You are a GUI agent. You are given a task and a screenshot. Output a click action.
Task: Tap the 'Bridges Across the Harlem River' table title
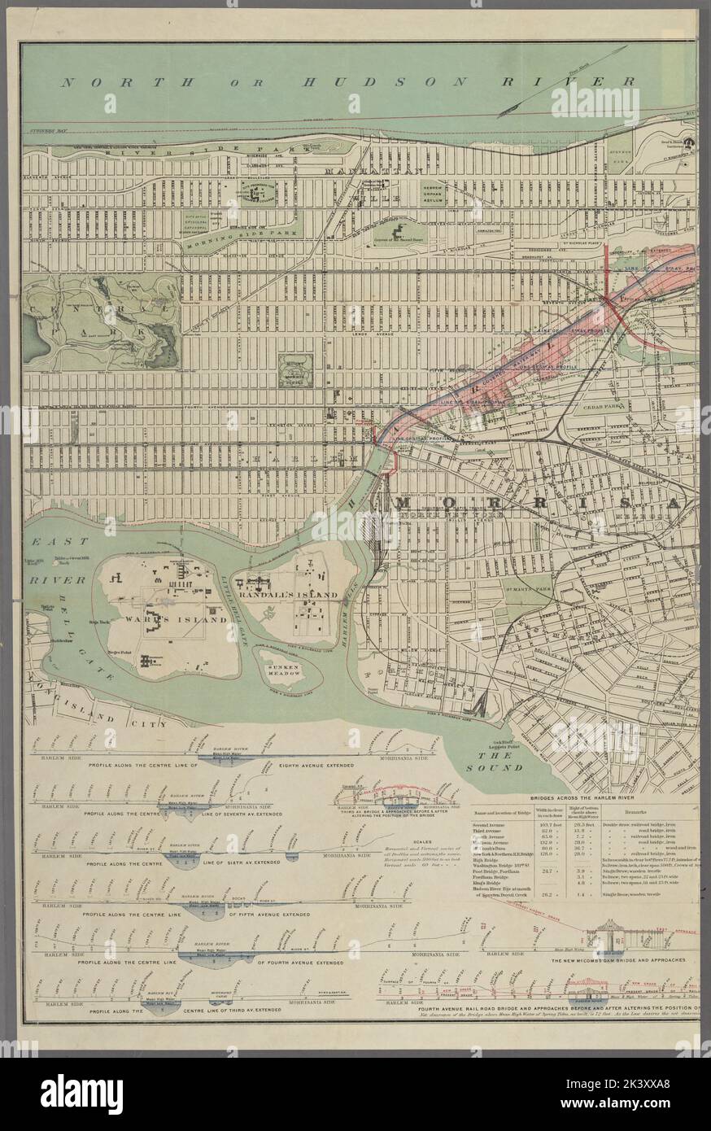583,801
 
